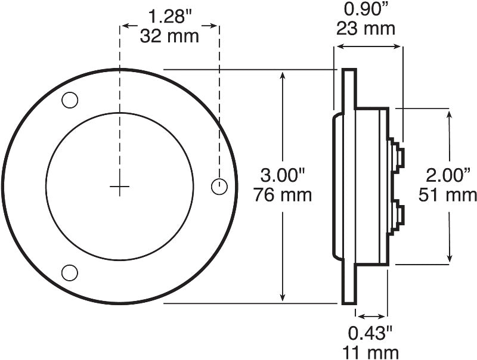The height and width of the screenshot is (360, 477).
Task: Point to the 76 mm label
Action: (283, 194)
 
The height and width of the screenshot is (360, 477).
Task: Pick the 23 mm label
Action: (366, 27)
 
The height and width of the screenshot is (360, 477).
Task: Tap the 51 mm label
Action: (447, 194)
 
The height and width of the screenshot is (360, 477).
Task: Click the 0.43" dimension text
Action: (370, 331)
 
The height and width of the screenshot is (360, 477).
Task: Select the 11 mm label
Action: (371, 350)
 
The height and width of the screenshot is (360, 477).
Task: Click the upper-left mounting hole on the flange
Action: (70, 101)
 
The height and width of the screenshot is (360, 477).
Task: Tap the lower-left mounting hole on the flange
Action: (70, 273)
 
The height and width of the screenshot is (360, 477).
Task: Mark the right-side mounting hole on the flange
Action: (219, 187)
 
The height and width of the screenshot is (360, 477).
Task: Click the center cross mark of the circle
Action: (119, 187)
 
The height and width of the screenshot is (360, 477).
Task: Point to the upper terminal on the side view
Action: (398, 157)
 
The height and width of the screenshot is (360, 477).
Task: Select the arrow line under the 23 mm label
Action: (368, 45)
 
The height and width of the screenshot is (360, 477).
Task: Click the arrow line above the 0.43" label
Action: (371, 316)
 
